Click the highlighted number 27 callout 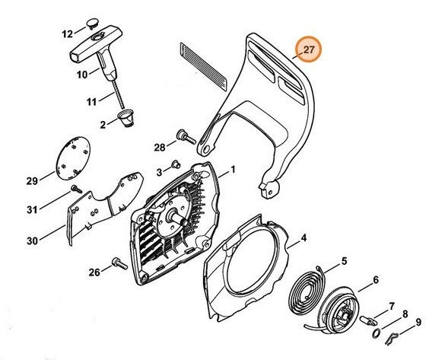tap(308, 49)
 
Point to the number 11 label tap(91, 102)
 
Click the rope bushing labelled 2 tap(126, 117)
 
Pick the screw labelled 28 tap(186, 136)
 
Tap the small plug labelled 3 tap(176, 164)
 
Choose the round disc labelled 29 tap(73, 158)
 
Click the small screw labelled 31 tap(76, 189)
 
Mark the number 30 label tap(32, 241)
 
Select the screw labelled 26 tap(119, 264)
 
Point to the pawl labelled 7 tap(368, 320)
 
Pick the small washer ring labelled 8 tap(376, 333)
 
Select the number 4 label tap(303, 237)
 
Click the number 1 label tap(233, 170)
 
